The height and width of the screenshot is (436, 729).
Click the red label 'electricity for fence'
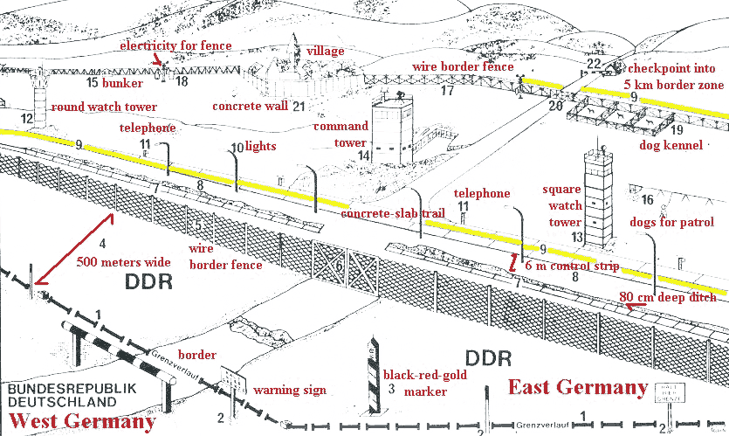[175, 45]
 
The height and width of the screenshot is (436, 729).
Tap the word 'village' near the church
[325, 52]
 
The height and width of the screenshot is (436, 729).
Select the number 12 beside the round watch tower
[28, 119]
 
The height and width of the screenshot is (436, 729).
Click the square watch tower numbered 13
[597, 197]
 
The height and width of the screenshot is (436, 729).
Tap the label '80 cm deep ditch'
[668, 297]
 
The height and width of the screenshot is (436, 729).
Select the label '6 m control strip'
[571, 265]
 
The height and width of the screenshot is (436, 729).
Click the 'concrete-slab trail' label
[393, 213]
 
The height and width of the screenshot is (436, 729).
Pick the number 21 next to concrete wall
[299, 107]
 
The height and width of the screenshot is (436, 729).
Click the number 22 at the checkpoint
[594, 63]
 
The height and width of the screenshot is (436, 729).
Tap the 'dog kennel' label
[671, 145]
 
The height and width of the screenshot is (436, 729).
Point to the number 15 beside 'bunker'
[93, 83]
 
